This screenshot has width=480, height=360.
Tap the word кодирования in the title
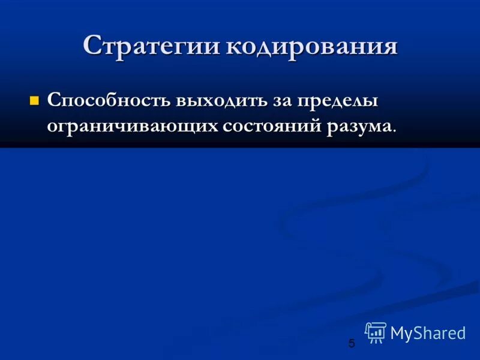[311, 46]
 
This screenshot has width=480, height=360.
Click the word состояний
[270, 125]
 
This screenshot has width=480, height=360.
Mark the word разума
[359, 125]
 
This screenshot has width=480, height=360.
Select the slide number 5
[352, 344]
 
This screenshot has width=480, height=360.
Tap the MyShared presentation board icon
[376, 332]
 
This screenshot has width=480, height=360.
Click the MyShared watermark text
[428, 333]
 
